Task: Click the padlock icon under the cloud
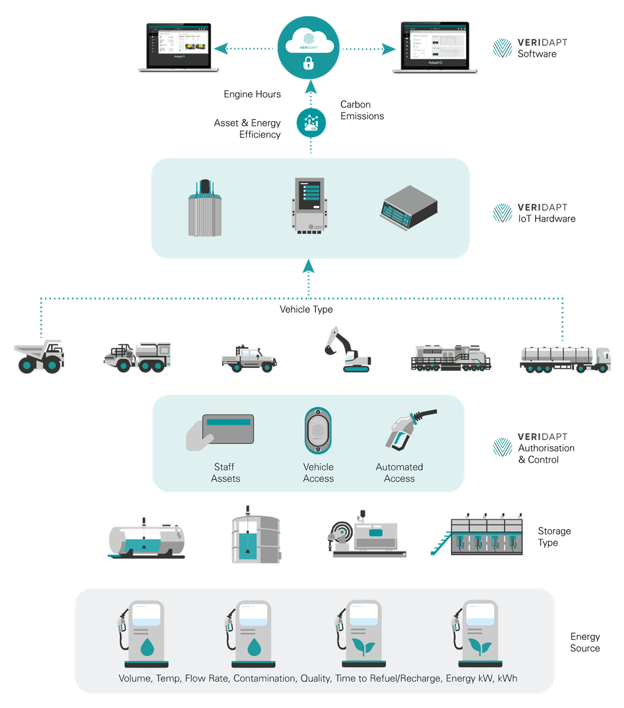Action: [x=308, y=64]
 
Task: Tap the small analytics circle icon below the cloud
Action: [x=311, y=122]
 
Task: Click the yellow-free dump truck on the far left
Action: [x=39, y=356]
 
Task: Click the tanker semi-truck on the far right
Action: [x=565, y=360]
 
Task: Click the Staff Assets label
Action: [x=225, y=473]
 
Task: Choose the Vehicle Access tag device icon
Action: [x=318, y=431]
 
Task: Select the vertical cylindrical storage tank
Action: [x=256, y=537]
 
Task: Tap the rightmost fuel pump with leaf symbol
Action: [x=474, y=632]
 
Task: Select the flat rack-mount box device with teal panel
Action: [x=409, y=208]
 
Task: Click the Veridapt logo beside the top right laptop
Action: [x=530, y=48]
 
